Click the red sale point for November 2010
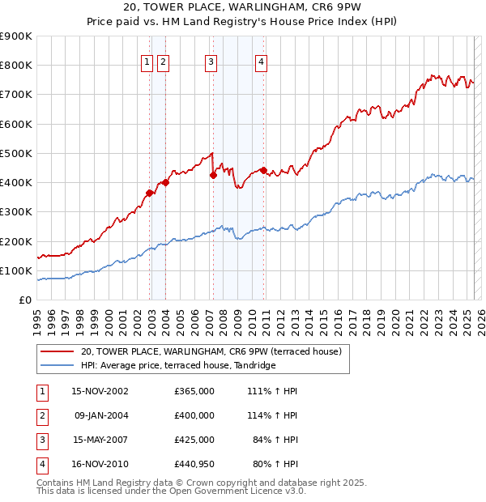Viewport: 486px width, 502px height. [264, 170]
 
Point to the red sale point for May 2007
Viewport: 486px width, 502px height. [213, 175]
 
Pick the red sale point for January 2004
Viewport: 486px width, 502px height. [165, 182]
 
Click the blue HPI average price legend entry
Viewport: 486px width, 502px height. [178, 365]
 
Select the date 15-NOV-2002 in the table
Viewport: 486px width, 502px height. [100, 391]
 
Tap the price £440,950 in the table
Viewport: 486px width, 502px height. [194, 464]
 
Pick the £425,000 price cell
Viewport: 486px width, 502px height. [194, 440]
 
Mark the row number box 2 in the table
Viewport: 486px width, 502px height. [41, 415]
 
